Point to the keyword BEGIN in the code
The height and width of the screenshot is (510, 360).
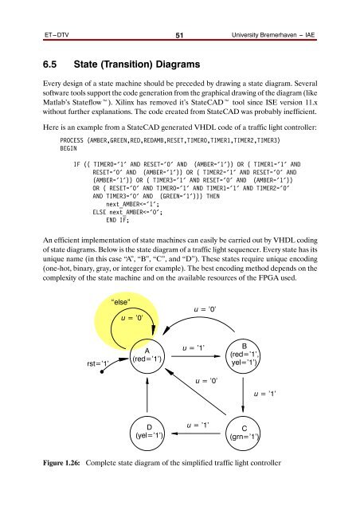(x=57, y=147)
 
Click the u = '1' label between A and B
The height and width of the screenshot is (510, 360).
(x=194, y=348)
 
